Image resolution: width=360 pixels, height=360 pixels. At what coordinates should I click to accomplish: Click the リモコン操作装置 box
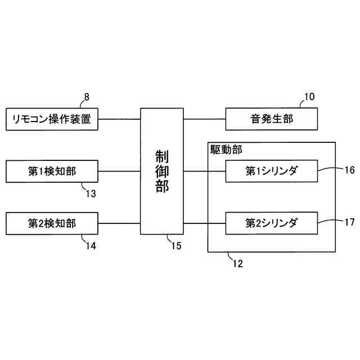52,119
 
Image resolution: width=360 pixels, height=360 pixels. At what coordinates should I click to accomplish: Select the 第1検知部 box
52,171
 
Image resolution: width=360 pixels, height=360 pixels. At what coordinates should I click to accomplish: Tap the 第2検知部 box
52,223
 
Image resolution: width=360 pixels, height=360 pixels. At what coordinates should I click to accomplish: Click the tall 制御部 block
162,171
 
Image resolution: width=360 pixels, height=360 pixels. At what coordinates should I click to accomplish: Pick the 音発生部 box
272,119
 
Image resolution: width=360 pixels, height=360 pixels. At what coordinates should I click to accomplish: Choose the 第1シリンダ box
272,171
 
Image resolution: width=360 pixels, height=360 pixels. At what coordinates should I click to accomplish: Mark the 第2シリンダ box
272,223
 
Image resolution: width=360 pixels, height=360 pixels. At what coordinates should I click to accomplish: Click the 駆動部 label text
222,151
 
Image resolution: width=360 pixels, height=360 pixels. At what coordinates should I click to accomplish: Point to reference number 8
87,97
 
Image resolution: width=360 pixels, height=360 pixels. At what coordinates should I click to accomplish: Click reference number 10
309,96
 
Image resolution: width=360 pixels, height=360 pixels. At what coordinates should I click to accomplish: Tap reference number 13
91,193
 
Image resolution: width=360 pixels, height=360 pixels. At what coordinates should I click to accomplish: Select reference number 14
91,246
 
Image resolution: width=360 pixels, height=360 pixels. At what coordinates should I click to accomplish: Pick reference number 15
176,245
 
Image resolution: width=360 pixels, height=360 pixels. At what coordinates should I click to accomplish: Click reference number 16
349,170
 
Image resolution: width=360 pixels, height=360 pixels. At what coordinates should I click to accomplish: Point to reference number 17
349,222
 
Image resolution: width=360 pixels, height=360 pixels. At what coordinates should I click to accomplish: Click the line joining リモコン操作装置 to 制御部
119,119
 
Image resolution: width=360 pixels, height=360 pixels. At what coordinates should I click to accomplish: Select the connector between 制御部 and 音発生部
205,119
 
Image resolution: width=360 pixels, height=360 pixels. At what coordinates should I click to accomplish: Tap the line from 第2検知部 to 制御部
119,223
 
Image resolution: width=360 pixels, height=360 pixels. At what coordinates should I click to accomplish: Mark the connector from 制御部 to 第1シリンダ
205,171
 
